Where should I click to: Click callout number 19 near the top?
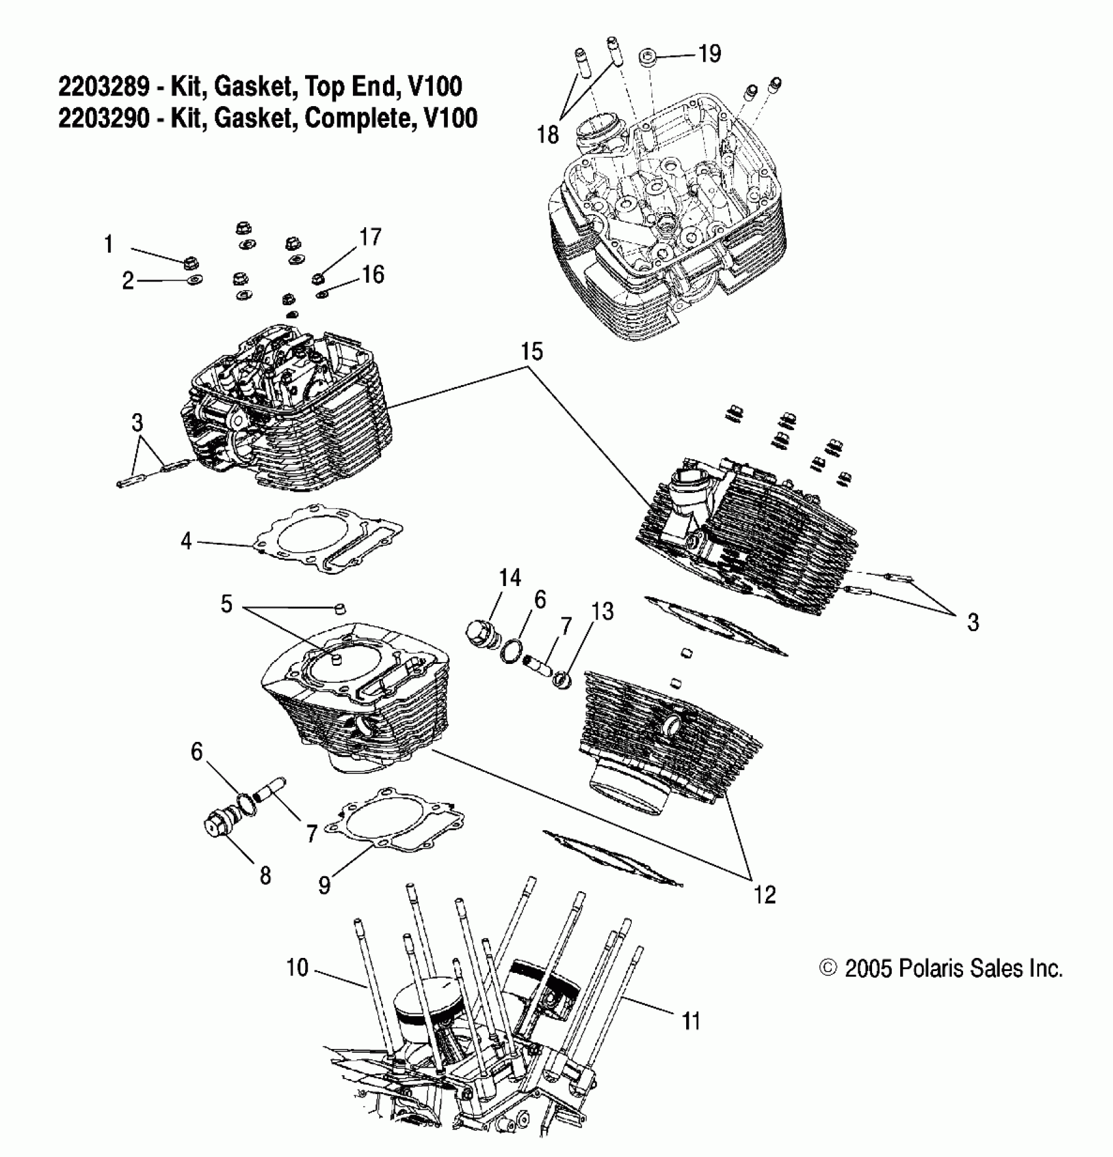(x=710, y=53)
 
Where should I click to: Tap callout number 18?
(x=548, y=134)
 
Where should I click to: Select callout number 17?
(x=370, y=236)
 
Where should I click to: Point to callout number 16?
(x=373, y=274)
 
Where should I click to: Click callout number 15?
(x=532, y=352)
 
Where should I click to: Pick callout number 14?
(x=510, y=578)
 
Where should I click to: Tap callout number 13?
(x=602, y=611)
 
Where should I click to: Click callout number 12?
(x=765, y=894)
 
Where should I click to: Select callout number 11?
(x=691, y=1021)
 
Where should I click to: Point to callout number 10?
(x=297, y=967)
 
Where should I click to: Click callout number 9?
(x=324, y=885)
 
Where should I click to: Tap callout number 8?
(x=265, y=875)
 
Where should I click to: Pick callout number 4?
(x=187, y=541)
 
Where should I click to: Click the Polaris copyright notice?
(x=941, y=968)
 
